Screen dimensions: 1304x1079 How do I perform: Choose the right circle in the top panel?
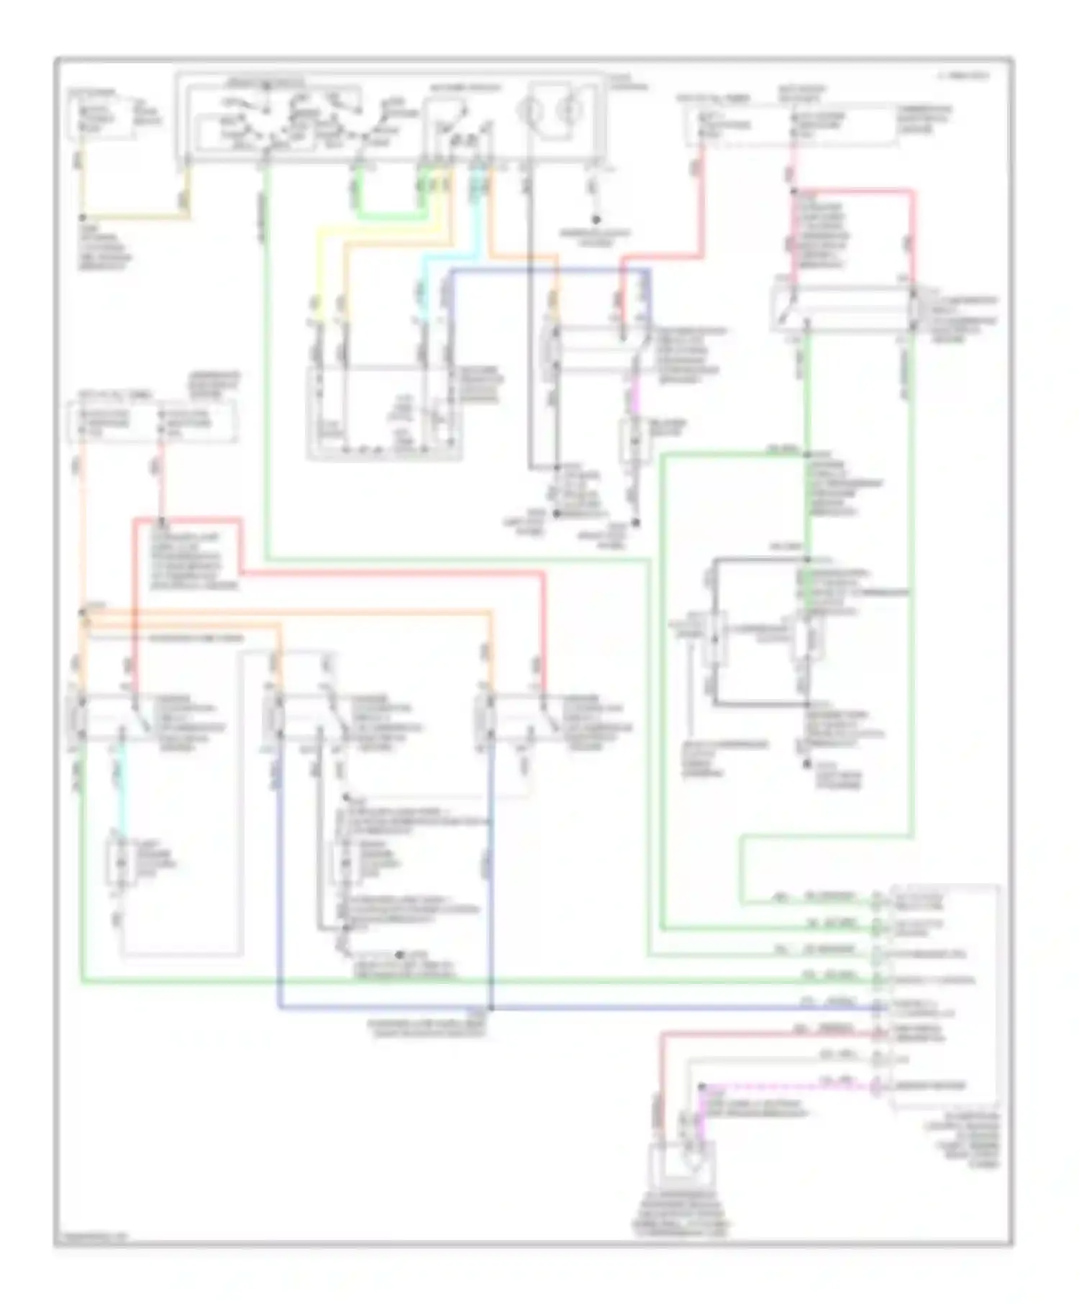coord(572,111)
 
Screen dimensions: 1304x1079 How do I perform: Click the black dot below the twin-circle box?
coord(596,219)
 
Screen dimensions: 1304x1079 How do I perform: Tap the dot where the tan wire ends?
coord(82,216)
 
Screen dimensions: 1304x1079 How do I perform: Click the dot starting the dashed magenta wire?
coord(702,1086)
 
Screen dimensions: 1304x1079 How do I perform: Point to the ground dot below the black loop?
coord(807,763)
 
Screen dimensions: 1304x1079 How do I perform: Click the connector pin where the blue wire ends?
coord(877,1008)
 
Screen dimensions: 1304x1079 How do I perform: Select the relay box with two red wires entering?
coord(842,309)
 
